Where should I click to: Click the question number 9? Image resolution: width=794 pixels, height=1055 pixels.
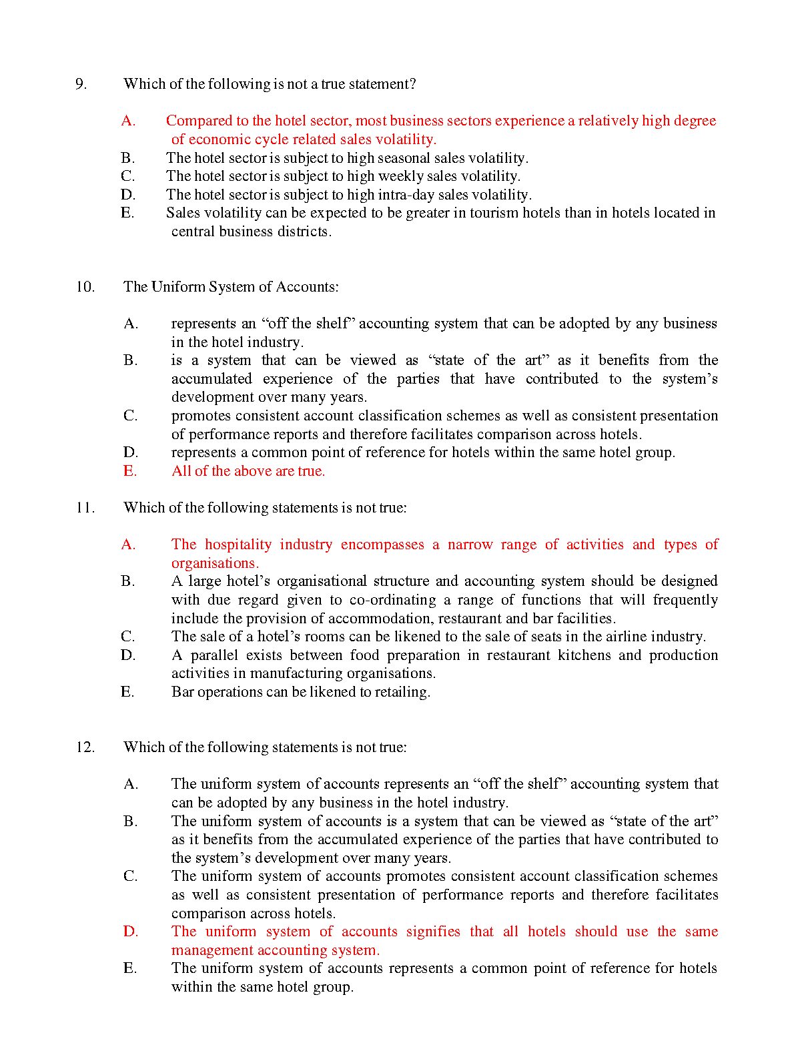[81, 84]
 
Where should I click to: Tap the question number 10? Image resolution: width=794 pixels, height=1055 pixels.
[85, 287]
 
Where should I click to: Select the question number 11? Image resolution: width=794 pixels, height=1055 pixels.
[85, 508]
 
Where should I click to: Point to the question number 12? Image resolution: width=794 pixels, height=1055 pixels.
[85, 747]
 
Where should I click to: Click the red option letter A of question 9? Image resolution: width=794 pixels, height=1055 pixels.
[128, 121]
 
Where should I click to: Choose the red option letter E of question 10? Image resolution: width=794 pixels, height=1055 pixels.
[129, 471]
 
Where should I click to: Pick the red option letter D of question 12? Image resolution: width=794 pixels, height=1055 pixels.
[131, 932]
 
